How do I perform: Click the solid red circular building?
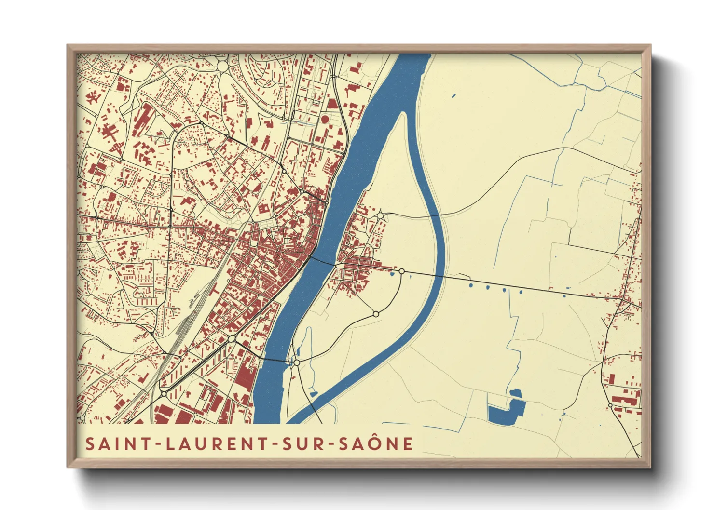click(x=325, y=119)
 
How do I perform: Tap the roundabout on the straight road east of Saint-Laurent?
click(x=401, y=272)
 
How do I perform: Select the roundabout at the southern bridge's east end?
click(x=297, y=362)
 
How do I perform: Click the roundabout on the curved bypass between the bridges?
click(x=376, y=314)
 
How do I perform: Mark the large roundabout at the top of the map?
click(x=222, y=67)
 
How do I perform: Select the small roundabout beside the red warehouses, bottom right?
click(x=611, y=405)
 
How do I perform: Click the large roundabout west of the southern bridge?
click(x=232, y=339)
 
